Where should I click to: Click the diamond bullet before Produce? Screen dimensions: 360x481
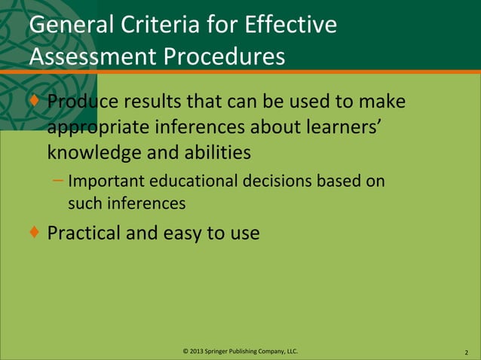tap(35, 100)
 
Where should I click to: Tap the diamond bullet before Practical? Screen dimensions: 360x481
tap(35, 232)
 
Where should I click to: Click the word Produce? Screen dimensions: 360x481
tap(83, 101)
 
